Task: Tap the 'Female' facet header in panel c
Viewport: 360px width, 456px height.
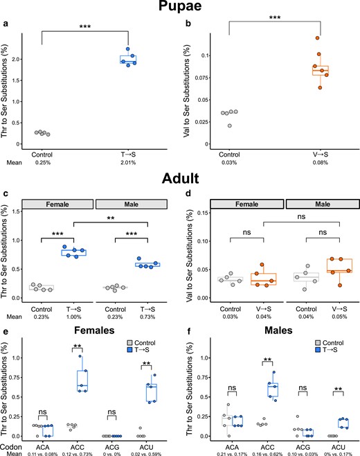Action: click(x=59, y=204)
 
